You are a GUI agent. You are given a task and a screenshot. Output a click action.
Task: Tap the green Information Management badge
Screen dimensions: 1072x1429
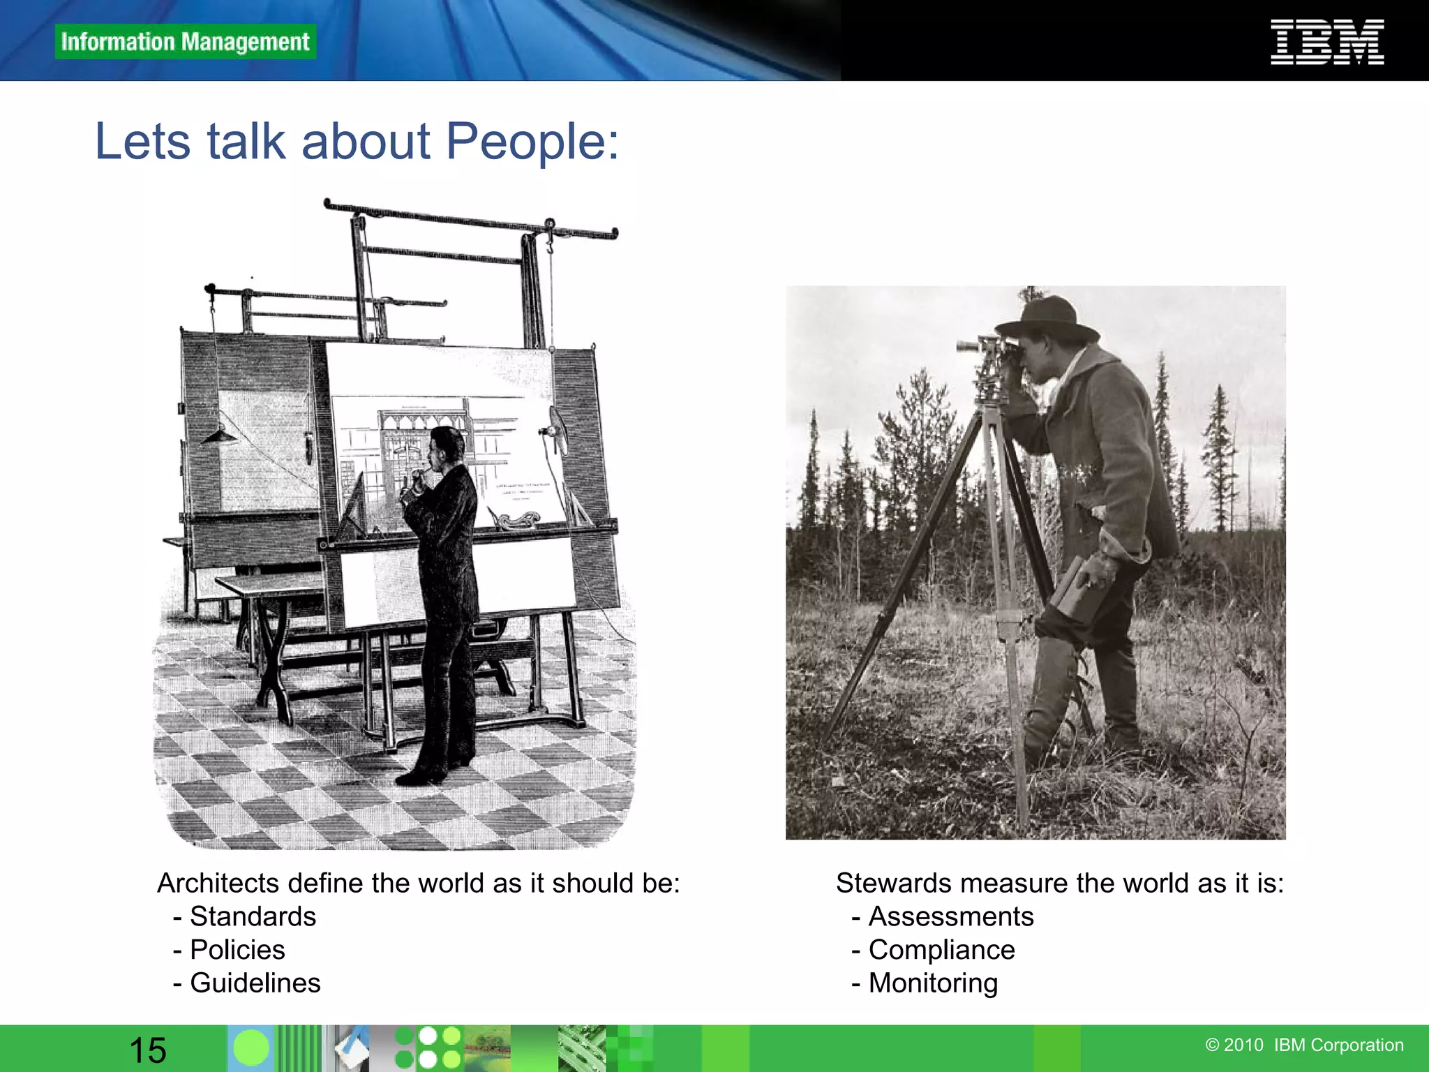[x=185, y=42]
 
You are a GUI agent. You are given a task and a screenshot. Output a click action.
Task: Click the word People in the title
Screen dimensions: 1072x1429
[x=532, y=142]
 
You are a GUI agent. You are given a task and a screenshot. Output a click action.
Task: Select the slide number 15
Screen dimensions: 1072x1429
[x=147, y=1050]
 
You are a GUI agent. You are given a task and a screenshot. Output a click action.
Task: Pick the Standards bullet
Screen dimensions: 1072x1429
[x=252, y=916]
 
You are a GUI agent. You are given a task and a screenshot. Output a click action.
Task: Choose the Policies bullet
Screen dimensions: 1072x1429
[x=237, y=950]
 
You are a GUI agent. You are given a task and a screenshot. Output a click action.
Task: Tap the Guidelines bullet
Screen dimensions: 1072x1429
[x=255, y=983]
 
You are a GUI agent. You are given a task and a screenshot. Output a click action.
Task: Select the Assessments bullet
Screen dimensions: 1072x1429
[x=950, y=916]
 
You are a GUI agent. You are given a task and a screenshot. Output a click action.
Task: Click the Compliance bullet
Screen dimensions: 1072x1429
[x=941, y=950]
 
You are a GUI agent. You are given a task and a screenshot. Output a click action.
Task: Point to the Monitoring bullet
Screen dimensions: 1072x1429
[x=932, y=983]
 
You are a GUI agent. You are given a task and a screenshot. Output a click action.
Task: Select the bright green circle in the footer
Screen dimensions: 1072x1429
[x=250, y=1048]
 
